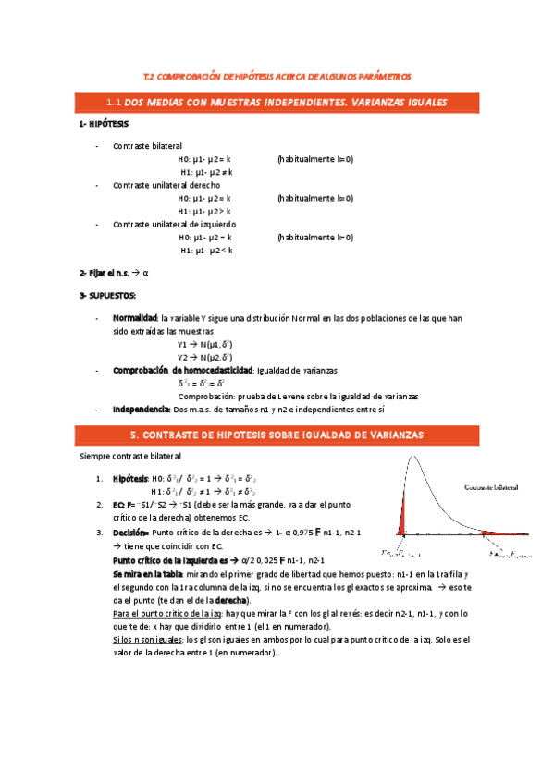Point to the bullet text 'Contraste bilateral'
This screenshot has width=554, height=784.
[148, 146]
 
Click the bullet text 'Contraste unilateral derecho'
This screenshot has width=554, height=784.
[166, 185]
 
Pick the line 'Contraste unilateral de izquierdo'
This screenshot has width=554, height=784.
[174, 224]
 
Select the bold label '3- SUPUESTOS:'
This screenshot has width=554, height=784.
[107, 295]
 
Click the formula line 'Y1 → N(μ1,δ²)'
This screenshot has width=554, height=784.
[204, 344]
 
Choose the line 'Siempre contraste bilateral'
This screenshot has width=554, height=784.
[130, 456]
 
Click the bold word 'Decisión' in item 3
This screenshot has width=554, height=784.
[130, 533]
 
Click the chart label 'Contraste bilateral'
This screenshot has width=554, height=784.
[491, 486]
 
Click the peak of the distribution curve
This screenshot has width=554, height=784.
[412, 461]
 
